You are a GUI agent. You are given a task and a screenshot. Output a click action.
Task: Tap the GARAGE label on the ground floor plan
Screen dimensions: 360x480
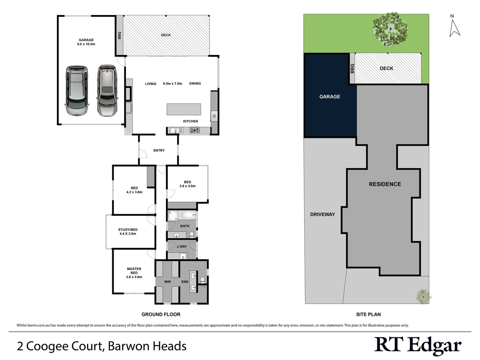[86, 40]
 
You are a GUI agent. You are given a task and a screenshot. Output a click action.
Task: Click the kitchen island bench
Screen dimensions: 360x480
[184, 109]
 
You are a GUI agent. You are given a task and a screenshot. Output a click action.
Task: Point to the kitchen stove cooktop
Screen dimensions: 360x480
[195, 130]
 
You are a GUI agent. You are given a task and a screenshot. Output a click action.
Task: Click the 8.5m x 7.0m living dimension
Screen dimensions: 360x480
[172, 84]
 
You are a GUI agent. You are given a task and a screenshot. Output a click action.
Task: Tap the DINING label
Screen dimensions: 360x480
[195, 83]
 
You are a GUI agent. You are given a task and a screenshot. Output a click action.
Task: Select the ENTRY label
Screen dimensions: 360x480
[159, 150]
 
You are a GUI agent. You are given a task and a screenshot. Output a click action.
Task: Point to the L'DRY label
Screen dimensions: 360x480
[182, 247]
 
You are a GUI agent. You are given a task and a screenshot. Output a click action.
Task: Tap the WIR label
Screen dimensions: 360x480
[167, 282]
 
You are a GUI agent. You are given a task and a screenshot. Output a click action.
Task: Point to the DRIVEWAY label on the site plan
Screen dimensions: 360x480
[322, 214]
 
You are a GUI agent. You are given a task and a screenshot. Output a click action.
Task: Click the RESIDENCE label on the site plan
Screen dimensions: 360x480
[385, 184]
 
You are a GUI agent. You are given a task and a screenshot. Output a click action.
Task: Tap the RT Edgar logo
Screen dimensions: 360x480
[418, 345]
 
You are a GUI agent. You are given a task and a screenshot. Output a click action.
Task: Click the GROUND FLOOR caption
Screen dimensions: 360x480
[161, 314]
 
